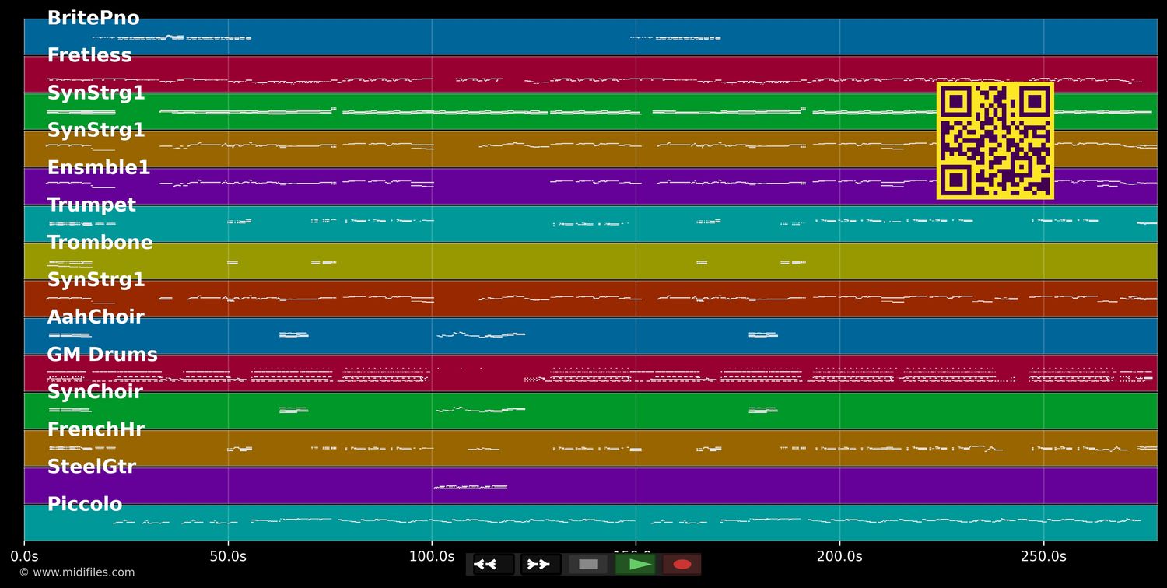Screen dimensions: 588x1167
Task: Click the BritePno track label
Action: [93, 18]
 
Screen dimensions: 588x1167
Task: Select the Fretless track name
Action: [89, 55]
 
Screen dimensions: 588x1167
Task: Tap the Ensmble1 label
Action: [99, 168]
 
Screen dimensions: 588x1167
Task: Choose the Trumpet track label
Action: [92, 205]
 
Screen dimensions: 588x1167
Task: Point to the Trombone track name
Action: [100, 243]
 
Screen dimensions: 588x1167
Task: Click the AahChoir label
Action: [96, 317]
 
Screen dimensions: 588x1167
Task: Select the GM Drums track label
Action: [102, 355]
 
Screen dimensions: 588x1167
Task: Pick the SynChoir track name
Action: [95, 392]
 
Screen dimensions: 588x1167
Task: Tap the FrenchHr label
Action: [96, 429]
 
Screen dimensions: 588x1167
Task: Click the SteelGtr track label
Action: [92, 467]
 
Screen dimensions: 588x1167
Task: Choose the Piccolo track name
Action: [85, 504]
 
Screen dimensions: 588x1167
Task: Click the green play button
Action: [635, 564]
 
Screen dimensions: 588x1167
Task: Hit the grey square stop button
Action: [588, 564]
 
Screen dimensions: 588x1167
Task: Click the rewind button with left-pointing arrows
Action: [493, 564]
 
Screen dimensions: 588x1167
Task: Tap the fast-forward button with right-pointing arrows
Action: [541, 564]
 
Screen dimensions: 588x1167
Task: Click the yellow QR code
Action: [995, 141]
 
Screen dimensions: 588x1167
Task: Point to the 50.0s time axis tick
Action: [228, 556]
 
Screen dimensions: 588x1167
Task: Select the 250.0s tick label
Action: [1043, 556]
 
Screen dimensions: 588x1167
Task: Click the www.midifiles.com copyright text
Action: [76, 572]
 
